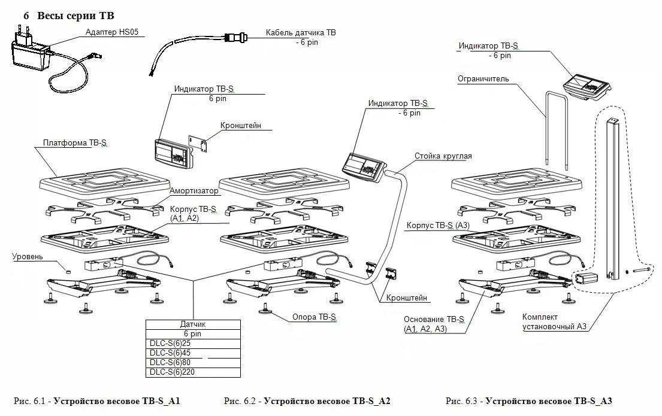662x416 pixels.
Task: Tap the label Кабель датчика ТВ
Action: coord(301,32)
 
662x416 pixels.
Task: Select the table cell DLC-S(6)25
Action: coord(170,344)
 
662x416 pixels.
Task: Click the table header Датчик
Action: coord(192,324)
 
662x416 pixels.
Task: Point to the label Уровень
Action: coord(28,257)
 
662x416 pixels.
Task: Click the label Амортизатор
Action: coord(194,191)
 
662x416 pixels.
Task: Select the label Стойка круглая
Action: coord(443,156)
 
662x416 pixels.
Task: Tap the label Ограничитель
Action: coord(483,78)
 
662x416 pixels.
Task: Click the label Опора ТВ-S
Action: coord(314,317)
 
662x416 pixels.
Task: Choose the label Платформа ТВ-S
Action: coord(75,142)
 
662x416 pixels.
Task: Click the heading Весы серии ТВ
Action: coord(75,16)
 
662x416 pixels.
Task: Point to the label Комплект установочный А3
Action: coord(554,321)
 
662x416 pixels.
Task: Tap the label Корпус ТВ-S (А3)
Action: coord(438,225)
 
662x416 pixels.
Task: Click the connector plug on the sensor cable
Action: coord(235,37)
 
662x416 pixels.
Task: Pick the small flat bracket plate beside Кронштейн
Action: coord(198,144)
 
